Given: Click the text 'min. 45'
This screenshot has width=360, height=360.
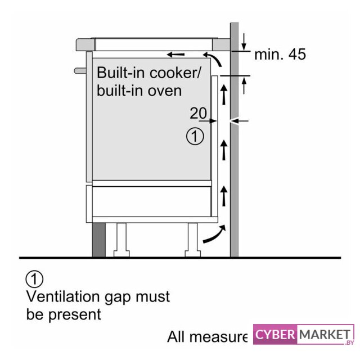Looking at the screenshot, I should pos(280,55).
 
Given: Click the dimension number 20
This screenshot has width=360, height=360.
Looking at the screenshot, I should pos(198,113).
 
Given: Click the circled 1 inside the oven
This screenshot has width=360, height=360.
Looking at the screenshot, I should pos(195,136).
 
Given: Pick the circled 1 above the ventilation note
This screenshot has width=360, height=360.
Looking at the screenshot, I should pos(34,278).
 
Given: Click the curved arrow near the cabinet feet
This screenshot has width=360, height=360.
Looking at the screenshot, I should pos(215,234).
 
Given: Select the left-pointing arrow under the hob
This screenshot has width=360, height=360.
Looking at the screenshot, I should pos(175,55).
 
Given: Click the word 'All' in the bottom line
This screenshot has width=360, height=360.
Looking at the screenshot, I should pos(177,337).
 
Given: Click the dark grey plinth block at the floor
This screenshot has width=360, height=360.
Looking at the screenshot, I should pos(98,240).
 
